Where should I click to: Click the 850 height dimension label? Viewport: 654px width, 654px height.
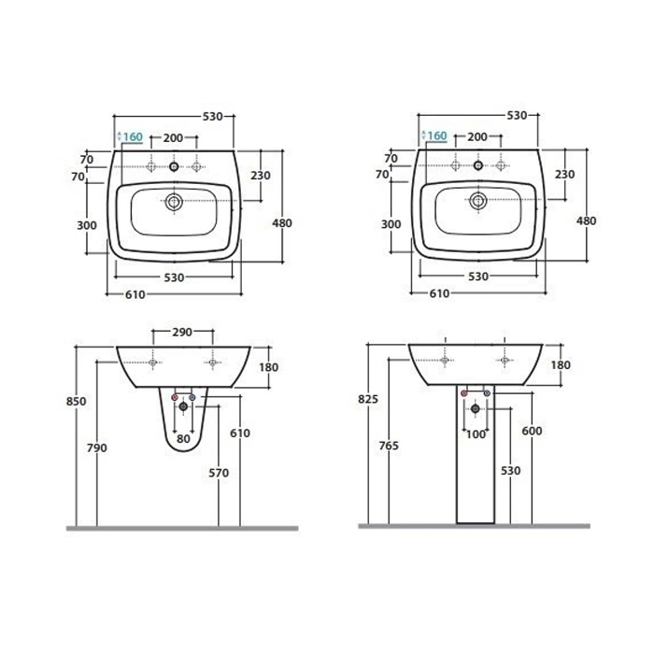77,401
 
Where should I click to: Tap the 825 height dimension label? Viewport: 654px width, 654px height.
368,399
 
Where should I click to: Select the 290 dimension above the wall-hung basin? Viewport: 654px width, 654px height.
182,332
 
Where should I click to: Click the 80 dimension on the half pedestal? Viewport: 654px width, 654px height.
183,439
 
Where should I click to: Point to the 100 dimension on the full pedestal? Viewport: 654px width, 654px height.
476,434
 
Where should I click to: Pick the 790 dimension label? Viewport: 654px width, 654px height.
97,448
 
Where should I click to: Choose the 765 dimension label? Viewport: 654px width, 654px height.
389,446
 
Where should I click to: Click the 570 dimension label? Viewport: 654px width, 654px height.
219,473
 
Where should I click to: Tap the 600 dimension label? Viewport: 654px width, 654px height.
533,431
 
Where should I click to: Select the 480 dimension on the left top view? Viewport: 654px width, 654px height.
282,223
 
